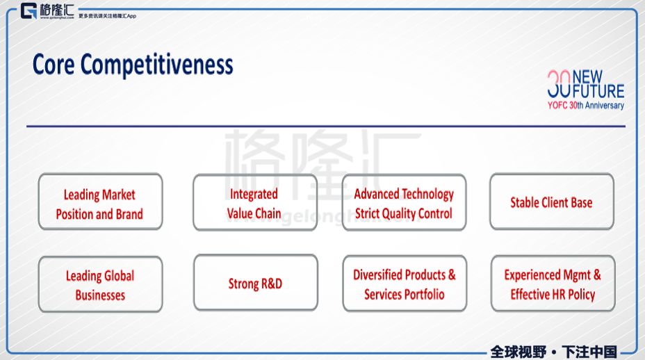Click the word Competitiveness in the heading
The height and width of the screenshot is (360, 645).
click(x=156, y=65)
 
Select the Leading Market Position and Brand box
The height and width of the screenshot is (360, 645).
click(x=100, y=202)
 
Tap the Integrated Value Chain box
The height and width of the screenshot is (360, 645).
click(x=255, y=202)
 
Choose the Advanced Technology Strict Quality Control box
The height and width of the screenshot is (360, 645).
click(x=404, y=202)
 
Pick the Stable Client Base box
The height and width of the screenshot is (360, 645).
click(x=552, y=202)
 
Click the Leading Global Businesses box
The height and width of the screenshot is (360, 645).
click(x=100, y=284)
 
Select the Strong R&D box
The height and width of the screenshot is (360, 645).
click(x=256, y=283)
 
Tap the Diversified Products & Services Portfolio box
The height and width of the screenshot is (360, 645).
click(x=405, y=284)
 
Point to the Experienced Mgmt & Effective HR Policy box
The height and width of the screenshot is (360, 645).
click(x=553, y=284)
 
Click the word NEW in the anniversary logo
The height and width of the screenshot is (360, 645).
click(x=587, y=76)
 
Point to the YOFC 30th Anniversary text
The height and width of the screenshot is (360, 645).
click(x=586, y=106)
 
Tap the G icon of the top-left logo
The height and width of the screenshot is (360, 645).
click(x=28, y=10)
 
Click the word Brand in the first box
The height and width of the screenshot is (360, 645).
click(x=129, y=214)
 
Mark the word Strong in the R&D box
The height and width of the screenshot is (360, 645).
click(x=243, y=284)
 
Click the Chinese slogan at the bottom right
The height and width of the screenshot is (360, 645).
click(x=554, y=352)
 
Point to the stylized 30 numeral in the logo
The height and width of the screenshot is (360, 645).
click(x=559, y=83)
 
